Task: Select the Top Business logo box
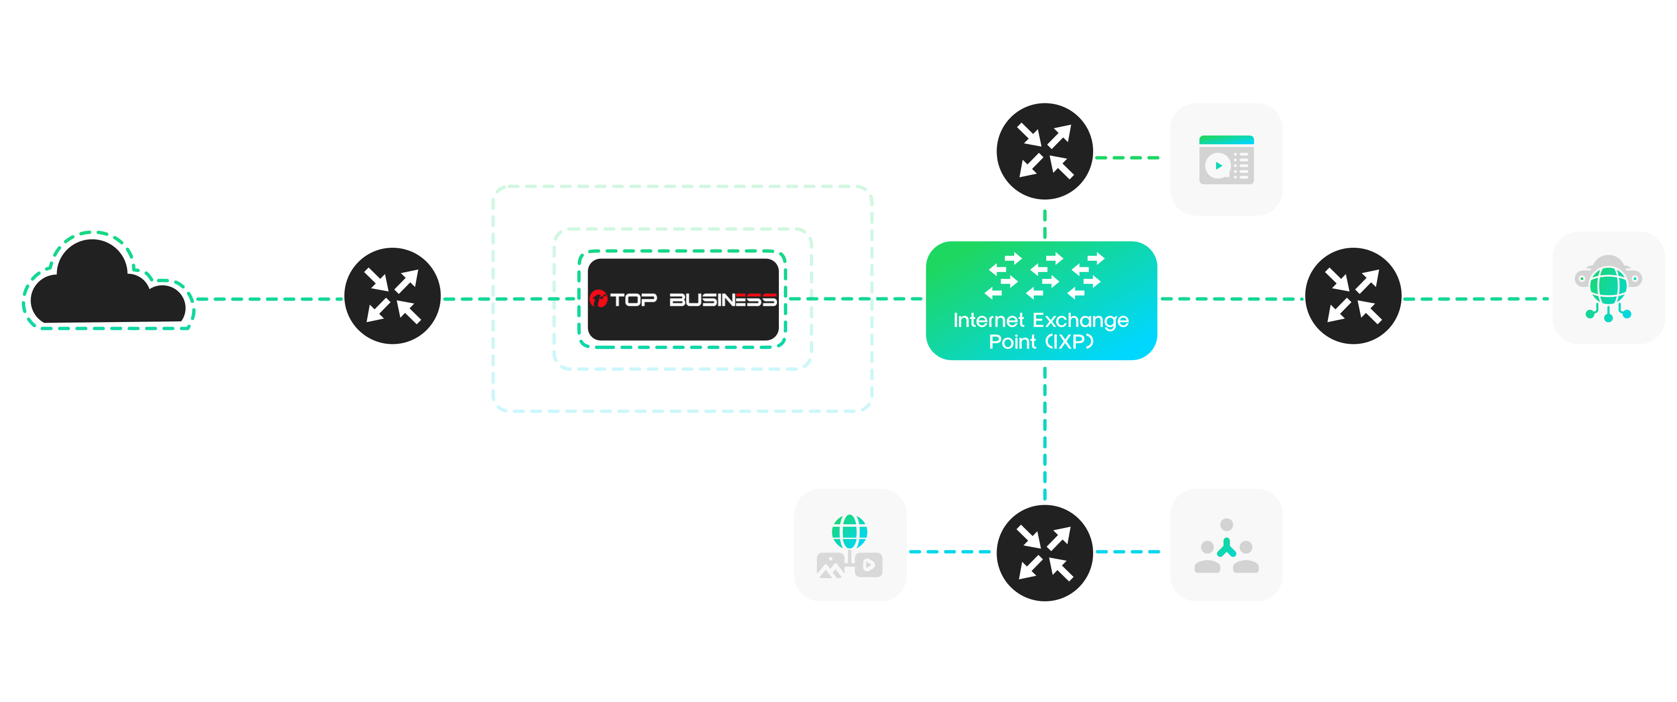pos(683,299)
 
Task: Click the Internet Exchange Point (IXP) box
pos(1041,301)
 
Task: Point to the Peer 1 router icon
pos(1044,152)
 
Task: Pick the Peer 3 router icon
pos(1353,296)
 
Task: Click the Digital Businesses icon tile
pos(1226,160)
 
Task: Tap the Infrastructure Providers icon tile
pos(1608,288)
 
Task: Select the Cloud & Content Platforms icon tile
pos(850,545)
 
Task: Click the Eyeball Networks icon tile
pos(1226,545)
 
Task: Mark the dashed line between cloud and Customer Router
pos(269,299)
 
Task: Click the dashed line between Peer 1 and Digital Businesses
pos(1127,157)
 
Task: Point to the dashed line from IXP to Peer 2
pos(1045,432)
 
